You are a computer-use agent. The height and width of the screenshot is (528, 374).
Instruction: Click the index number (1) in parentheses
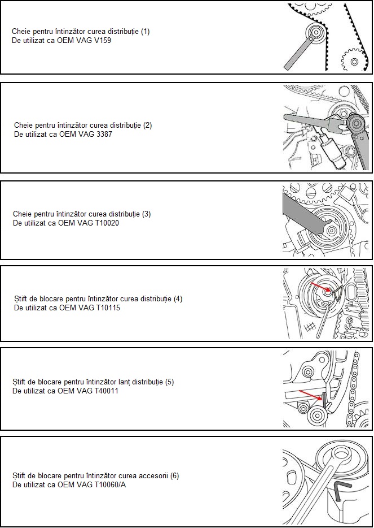145,32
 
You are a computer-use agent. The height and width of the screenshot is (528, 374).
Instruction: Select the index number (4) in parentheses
178,298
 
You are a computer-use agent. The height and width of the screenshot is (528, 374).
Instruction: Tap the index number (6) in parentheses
174,476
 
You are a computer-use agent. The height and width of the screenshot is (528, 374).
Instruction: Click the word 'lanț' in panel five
124,382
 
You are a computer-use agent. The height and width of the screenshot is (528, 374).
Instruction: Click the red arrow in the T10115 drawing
321,287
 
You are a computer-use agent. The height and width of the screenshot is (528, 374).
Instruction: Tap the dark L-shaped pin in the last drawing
341,491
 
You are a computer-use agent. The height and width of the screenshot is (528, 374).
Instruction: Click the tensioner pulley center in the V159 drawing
315,33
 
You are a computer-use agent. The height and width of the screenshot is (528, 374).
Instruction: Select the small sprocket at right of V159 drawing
354,61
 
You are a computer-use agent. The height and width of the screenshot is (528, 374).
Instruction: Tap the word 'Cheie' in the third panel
23,214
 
